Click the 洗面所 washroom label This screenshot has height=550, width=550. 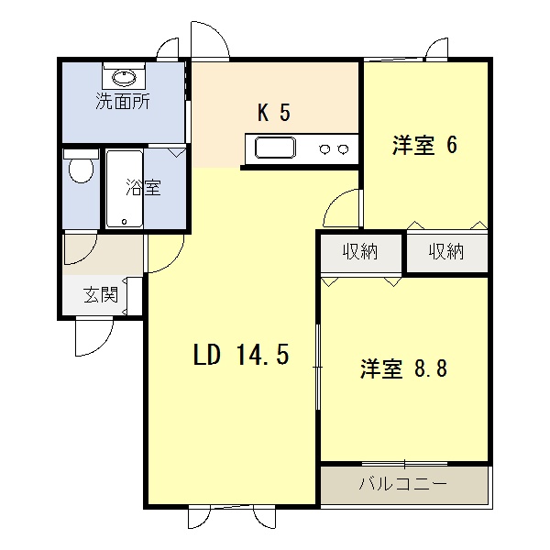tap(123, 102)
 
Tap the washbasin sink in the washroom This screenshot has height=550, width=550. tap(122, 74)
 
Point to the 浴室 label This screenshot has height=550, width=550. tap(143, 189)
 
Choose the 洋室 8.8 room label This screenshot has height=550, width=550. tap(403, 368)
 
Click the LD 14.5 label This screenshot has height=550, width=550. tap(241, 355)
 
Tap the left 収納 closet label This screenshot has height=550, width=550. tap(361, 252)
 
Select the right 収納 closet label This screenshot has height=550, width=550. tap(446, 252)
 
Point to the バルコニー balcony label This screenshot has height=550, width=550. tap(402, 482)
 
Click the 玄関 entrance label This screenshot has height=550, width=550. tap(101, 295)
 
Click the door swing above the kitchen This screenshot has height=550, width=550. tap(209, 41)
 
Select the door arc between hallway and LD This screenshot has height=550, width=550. tap(165, 252)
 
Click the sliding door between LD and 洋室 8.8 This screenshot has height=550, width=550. tap(318, 367)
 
